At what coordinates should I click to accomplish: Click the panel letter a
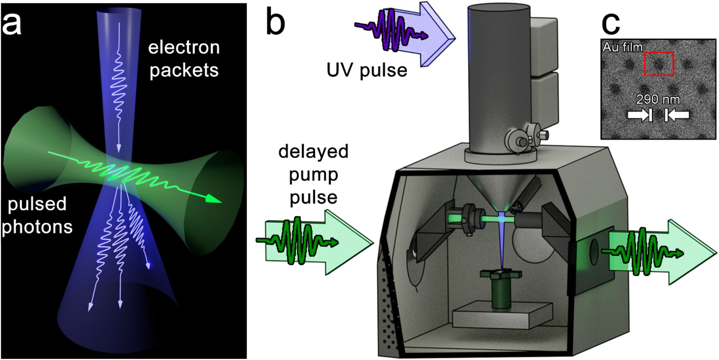[11, 24]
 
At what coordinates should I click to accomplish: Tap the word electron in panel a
[184, 48]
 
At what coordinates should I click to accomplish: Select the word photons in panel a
[37, 227]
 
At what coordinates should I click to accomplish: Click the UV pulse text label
[366, 70]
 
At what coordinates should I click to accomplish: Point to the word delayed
[313, 152]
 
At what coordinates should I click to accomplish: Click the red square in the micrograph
[659, 64]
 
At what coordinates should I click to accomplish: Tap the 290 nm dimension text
[658, 99]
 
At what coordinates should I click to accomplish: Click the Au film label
[623, 47]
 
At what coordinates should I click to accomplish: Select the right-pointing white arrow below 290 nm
[639, 115]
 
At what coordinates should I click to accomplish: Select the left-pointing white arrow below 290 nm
[677, 115]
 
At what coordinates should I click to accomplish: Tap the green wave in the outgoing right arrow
[641, 253]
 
